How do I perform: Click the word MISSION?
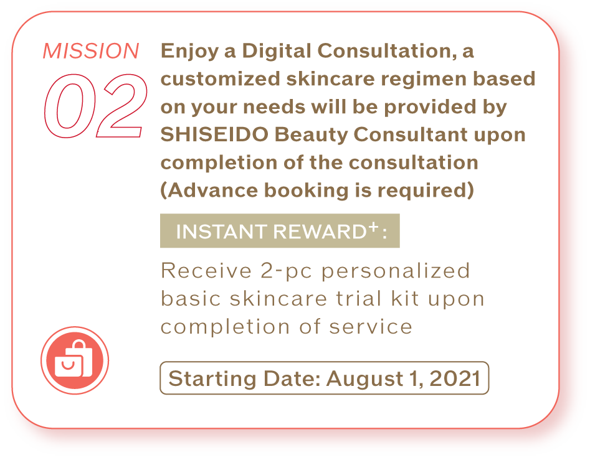point(91,51)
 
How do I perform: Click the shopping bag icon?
point(75,360)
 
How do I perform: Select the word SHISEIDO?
point(214,134)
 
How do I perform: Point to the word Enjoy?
point(189,52)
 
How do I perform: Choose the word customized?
point(221,78)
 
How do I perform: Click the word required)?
point(426,191)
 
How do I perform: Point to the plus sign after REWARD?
point(373,226)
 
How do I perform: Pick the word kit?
point(405,298)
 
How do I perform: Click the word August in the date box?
point(364,379)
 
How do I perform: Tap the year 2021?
point(455,378)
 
